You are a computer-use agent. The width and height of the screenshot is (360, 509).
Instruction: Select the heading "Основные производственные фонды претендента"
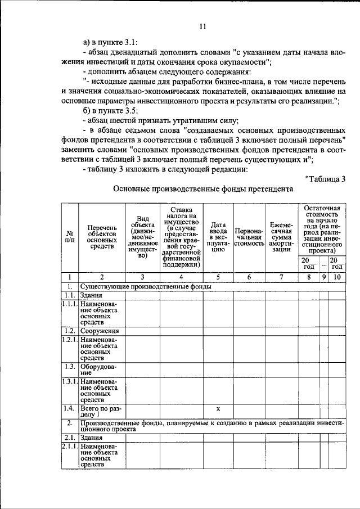coord(203,190)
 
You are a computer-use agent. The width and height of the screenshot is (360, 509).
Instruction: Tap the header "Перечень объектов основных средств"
coord(101,237)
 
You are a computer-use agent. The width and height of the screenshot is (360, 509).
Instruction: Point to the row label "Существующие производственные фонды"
coord(146,286)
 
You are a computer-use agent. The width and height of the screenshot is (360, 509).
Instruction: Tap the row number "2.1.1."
coord(69,445)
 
